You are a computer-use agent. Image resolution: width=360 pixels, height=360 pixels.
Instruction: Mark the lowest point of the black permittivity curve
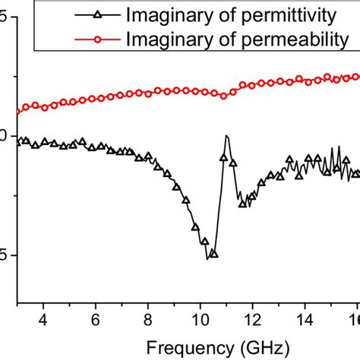(x=207, y=259)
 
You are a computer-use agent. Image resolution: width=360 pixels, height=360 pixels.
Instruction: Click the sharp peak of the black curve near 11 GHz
(x=226, y=136)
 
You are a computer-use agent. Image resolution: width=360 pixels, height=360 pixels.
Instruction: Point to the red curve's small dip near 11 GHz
(x=223, y=96)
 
